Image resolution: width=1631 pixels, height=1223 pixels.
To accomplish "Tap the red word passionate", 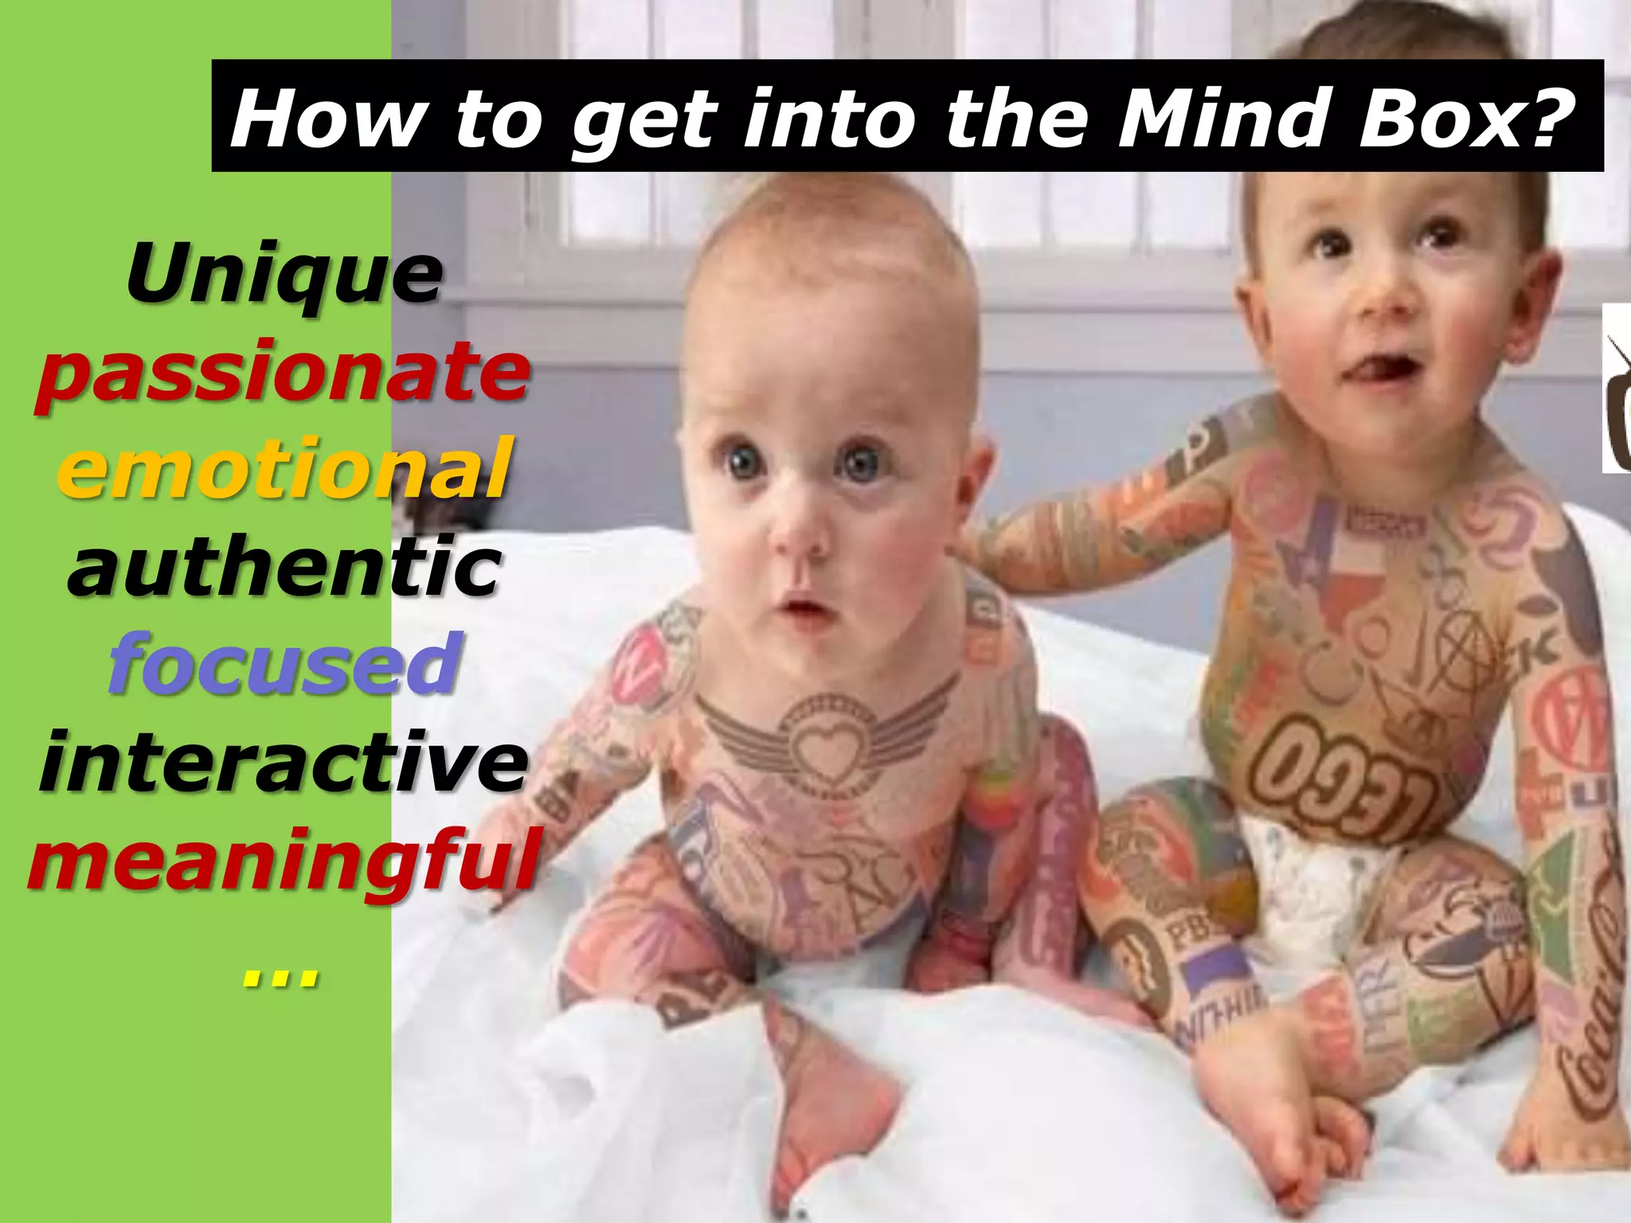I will coord(283,371).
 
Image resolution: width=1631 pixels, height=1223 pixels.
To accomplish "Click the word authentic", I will coord(284,566).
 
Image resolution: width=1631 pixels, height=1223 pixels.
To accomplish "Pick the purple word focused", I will coord(284,663).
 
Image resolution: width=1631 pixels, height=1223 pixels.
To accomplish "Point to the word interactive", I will coord(284,760).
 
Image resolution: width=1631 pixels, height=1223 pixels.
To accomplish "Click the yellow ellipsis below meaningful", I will coord(280,976).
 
